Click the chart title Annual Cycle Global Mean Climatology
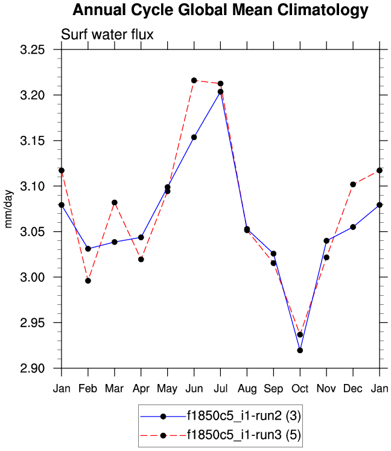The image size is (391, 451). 220,10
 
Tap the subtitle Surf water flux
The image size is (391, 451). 107,35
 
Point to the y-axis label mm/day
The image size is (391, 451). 9,209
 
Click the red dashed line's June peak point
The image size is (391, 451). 194,80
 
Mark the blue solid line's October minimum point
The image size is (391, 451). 300,350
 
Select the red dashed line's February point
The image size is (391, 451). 88,281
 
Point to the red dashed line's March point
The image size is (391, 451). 115,202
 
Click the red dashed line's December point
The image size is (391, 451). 353,184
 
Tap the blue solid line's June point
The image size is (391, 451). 194,137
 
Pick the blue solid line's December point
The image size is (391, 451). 353,227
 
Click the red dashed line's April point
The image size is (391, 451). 141,259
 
